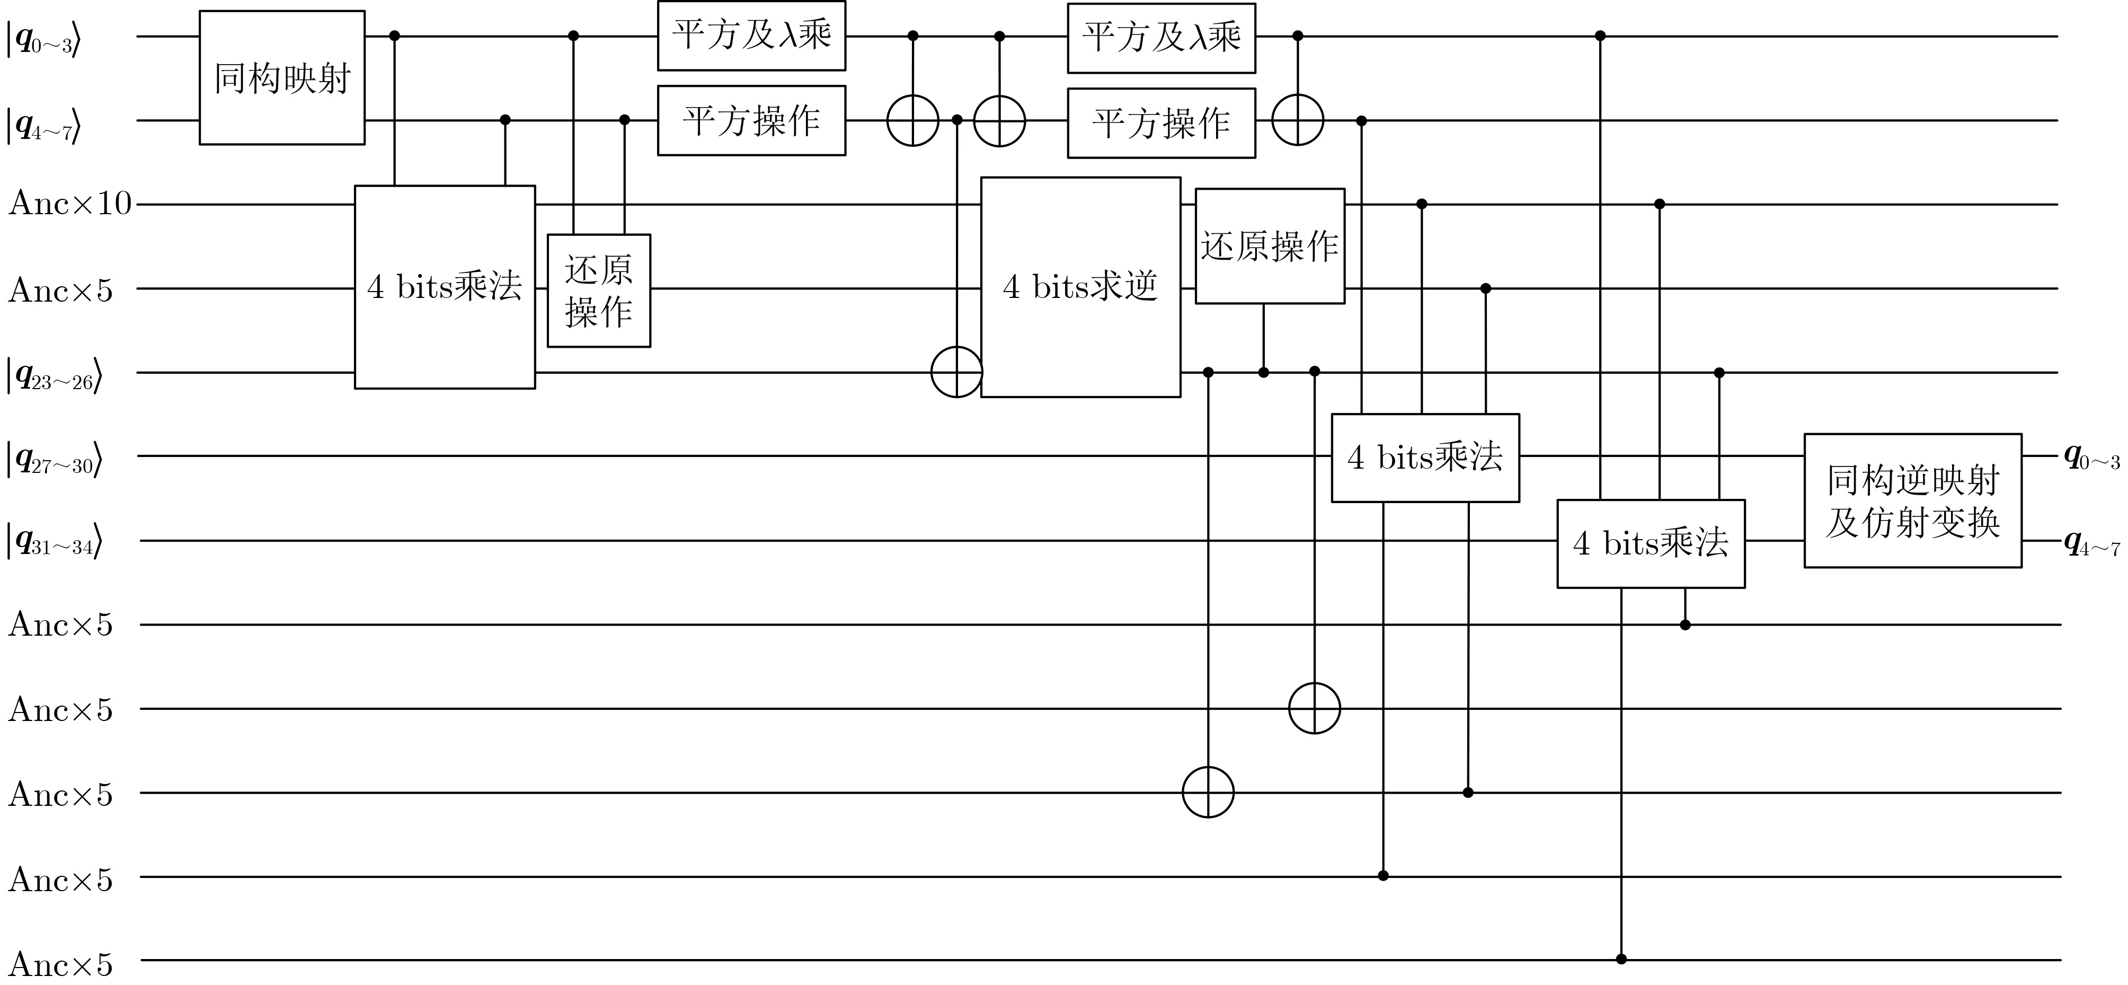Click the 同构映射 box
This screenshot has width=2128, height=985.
tap(282, 78)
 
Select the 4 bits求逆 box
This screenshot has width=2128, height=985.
tap(1080, 287)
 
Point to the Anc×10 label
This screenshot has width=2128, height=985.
tap(70, 203)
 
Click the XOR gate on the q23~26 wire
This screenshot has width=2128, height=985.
tap(956, 372)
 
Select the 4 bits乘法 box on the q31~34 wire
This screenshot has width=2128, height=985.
tap(1651, 543)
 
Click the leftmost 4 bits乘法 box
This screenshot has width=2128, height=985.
tap(445, 287)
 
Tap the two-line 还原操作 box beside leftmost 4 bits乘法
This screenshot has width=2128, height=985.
tap(599, 290)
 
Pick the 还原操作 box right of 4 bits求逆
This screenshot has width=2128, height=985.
tap(1270, 245)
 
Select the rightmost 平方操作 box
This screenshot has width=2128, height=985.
tap(1161, 123)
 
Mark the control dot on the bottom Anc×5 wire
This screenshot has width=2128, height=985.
tap(1621, 958)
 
